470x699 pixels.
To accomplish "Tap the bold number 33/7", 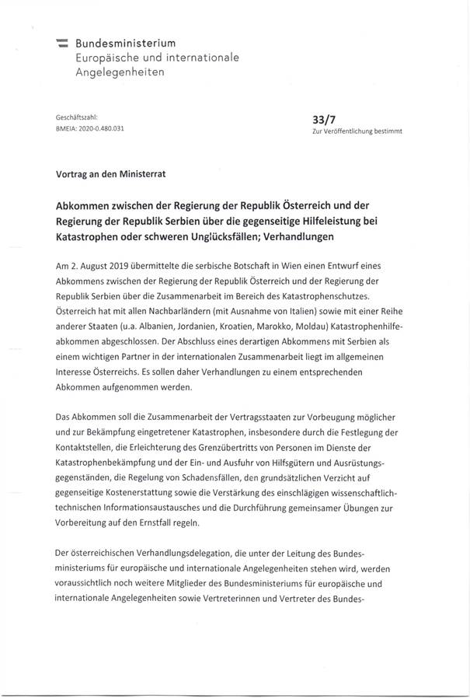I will tap(322, 120).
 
